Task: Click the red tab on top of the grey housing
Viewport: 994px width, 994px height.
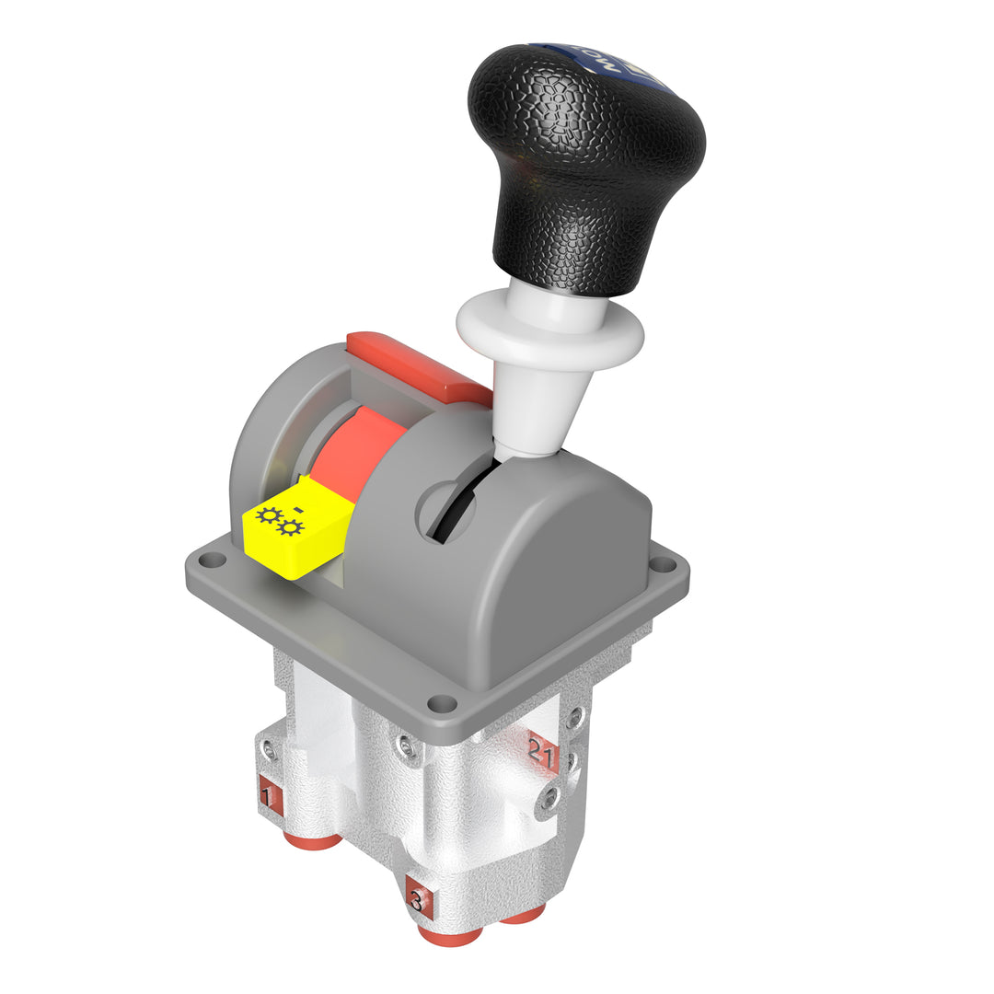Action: (419, 366)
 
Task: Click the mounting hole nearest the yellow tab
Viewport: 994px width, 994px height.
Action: (213, 559)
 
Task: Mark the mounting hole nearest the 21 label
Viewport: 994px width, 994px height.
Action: (443, 704)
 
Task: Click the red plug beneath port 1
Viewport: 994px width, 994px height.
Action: (312, 839)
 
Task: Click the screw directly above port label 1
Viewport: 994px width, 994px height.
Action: (267, 752)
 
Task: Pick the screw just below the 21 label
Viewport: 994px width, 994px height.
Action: (549, 799)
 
